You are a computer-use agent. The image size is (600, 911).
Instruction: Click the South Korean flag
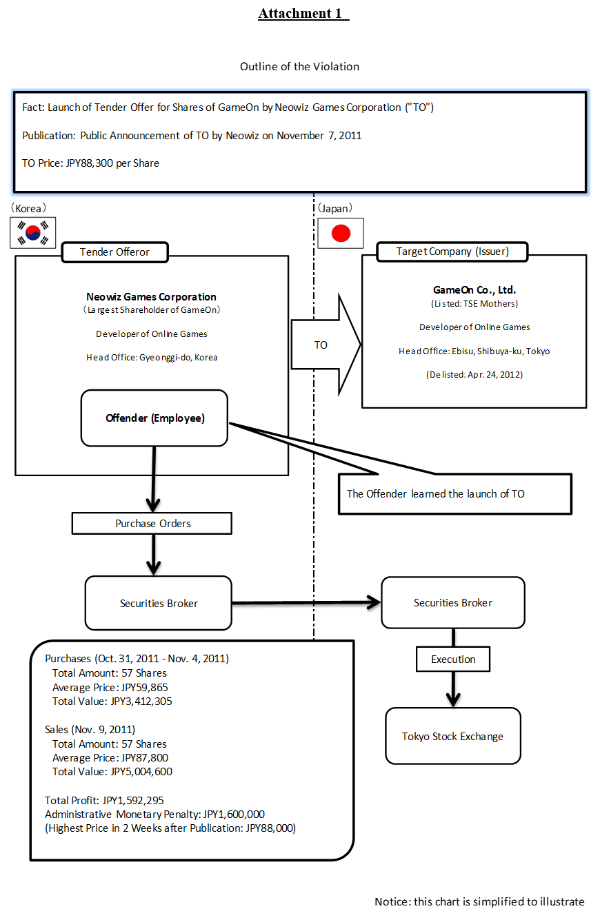pos(32,232)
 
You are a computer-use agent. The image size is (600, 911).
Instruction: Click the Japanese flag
pos(341,233)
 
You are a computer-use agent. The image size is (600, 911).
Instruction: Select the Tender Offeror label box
pos(114,252)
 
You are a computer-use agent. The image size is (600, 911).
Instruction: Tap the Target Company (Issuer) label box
pos(452,252)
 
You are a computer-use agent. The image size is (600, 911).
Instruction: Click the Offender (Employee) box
pos(154,418)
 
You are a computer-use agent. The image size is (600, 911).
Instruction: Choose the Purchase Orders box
pos(152,524)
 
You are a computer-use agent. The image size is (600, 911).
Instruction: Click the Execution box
pos(453,659)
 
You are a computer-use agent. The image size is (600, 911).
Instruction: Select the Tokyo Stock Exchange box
pos(452,736)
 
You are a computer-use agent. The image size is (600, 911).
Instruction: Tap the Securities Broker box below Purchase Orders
pos(158,603)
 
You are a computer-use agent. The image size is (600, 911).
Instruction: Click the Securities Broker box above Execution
pos(452,602)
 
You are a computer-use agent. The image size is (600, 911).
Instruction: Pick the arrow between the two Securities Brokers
pos(306,603)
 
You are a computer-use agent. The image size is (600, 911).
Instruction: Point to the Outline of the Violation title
pos(299,67)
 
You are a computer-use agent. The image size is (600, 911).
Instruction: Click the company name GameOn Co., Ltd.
pos(474,290)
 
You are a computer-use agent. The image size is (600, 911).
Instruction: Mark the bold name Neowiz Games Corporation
pos(151,297)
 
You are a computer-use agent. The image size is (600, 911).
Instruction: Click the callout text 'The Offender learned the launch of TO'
pos(435,494)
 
